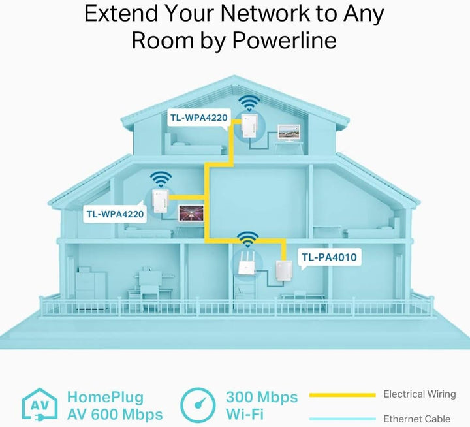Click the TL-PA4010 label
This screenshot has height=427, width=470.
coord(329,257)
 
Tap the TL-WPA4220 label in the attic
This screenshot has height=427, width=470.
coord(199,118)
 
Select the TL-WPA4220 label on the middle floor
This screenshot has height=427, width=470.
coord(115,214)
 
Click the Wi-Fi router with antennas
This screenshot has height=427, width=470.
coord(246,262)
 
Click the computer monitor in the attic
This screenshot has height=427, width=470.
coord(289,133)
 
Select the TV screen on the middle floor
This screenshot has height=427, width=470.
coord(191,214)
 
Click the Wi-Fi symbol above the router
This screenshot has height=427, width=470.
coord(247,240)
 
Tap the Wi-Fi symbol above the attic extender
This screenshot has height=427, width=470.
coord(249,103)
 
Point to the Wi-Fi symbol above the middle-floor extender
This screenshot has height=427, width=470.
coord(161,180)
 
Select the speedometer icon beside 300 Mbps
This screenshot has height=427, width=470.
coord(198,405)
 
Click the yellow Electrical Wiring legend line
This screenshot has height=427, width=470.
coord(342,395)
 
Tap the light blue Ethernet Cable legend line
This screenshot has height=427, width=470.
coord(342,419)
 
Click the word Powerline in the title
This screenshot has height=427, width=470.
coord(285,40)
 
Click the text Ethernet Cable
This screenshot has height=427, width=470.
coord(417,419)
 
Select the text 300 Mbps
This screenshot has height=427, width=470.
coord(262,397)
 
